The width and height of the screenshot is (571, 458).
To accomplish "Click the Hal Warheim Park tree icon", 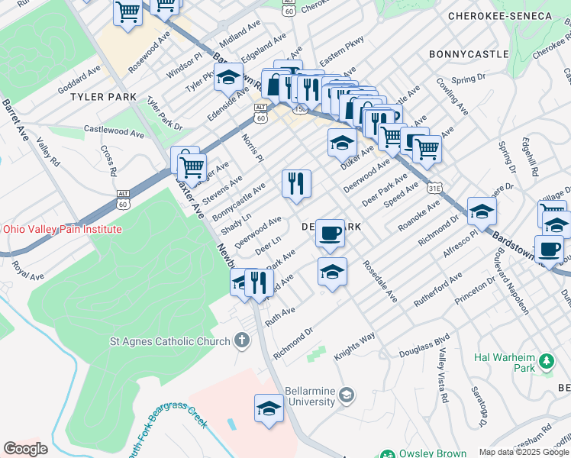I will pyautogui.click(x=546, y=360).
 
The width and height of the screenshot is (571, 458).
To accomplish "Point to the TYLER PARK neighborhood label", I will pyautogui.click(x=103, y=97).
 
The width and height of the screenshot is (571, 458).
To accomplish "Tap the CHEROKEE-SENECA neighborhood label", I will pyautogui.click(x=510, y=16).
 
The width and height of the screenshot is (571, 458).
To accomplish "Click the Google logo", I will pyautogui.click(x=24, y=449).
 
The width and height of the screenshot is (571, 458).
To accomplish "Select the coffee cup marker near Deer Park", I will pyautogui.click(x=330, y=233).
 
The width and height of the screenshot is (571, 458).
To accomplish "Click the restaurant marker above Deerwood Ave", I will pyautogui.click(x=296, y=184).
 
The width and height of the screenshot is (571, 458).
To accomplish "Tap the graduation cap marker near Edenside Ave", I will pyautogui.click(x=228, y=77).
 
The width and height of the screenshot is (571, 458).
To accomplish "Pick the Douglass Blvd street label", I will pyautogui.click(x=425, y=350).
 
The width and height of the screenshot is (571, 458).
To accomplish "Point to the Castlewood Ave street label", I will pyautogui.click(x=114, y=131).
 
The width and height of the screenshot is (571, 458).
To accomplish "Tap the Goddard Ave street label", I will pyautogui.click(x=79, y=79).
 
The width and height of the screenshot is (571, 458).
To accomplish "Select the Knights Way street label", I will pyautogui.click(x=354, y=346).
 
